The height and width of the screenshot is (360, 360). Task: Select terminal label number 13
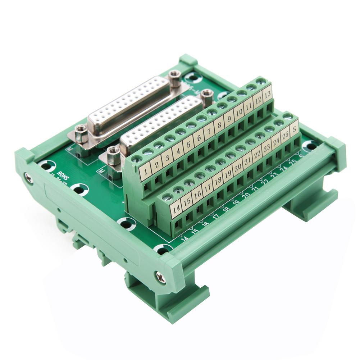(267, 95)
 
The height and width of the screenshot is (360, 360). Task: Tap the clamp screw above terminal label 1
(137, 157)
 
